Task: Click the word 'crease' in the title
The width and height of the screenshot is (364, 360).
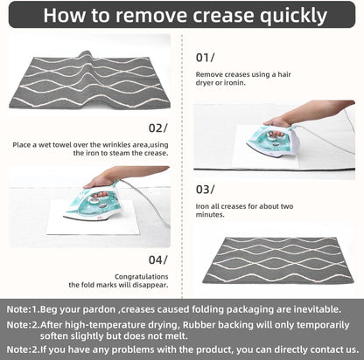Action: pyautogui.click(x=223, y=16)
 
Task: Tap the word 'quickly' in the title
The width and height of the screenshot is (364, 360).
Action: pyautogui.click(x=293, y=16)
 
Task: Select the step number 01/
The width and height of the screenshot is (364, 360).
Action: pyautogui.click(x=205, y=58)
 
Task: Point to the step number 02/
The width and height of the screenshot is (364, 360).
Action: pyautogui.click(x=158, y=128)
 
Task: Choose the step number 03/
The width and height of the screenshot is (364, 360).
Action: pyautogui.click(x=205, y=190)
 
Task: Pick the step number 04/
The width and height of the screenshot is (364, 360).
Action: pyautogui.click(x=158, y=260)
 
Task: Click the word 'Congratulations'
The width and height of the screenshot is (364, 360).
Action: pyautogui.click(x=142, y=277)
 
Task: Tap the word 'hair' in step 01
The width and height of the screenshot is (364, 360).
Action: pyautogui.click(x=284, y=74)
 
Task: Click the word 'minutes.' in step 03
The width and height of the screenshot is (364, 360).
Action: pyautogui.click(x=210, y=215)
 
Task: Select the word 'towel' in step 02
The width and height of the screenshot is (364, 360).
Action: pyautogui.click(x=62, y=145)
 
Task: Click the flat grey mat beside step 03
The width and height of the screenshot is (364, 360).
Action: pyautogui.click(x=278, y=260)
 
